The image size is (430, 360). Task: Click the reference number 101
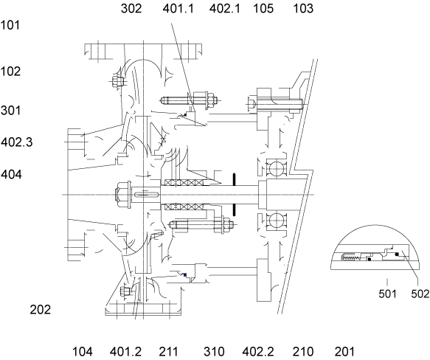(x=10, y=25)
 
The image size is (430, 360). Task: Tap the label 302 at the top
(x=131, y=9)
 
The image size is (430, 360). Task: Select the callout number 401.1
(x=178, y=9)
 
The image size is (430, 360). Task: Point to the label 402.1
(x=225, y=9)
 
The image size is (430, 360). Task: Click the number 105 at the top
(x=263, y=9)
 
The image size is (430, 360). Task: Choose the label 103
(x=303, y=9)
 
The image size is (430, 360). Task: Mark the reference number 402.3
(x=17, y=142)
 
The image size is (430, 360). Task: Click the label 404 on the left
(x=11, y=174)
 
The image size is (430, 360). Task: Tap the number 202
(x=41, y=310)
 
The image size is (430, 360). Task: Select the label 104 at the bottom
(x=83, y=351)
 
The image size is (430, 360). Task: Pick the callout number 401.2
(x=125, y=351)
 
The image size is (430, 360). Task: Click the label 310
(x=214, y=351)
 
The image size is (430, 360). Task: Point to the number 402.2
(x=258, y=351)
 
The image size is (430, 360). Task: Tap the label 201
(x=344, y=351)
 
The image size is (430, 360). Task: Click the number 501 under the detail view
(x=387, y=294)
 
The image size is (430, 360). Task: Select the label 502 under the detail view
(x=420, y=294)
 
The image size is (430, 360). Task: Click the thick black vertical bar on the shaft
(x=235, y=195)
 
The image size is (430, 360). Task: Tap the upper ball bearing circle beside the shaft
(x=277, y=167)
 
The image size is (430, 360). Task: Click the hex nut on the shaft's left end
(x=122, y=195)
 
